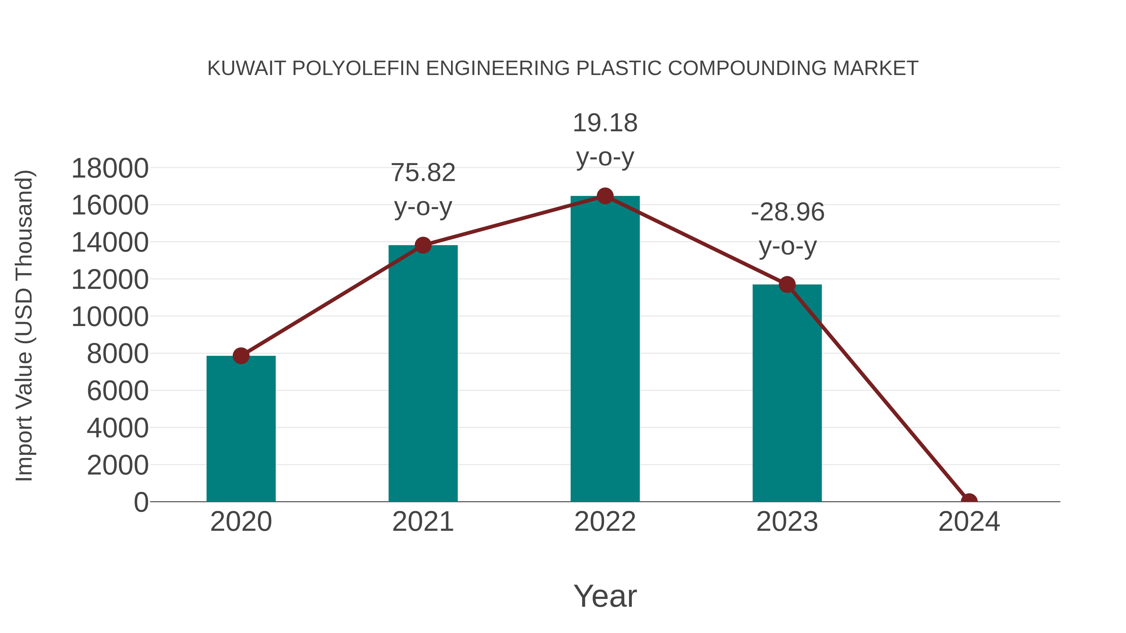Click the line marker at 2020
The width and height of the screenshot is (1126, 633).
tap(241, 356)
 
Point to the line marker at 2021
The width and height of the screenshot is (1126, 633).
tap(423, 245)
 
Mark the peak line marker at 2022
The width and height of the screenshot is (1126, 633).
tap(605, 196)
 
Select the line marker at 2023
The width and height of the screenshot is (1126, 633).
tap(787, 285)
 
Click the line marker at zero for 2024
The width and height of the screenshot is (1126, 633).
tap(969, 501)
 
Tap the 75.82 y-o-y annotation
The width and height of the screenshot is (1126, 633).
tap(423, 190)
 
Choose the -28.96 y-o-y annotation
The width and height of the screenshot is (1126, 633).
tap(787, 229)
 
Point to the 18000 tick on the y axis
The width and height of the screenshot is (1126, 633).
tap(110, 168)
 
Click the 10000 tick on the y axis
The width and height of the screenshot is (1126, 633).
tap(110, 317)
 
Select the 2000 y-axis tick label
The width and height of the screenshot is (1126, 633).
tap(118, 466)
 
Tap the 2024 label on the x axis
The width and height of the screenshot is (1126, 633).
tap(969, 522)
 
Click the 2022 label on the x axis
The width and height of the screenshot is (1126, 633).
tap(605, 522)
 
